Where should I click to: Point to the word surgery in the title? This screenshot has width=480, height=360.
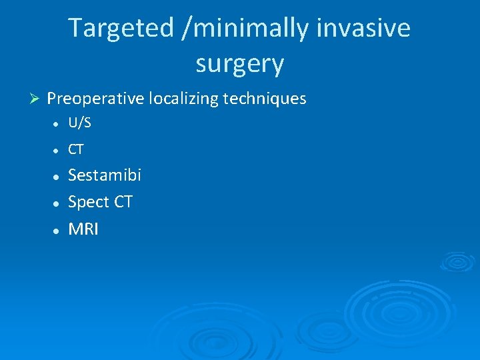click(240, 64)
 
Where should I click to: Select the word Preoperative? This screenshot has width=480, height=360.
click(96, 99)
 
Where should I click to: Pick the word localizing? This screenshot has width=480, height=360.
click(184, 99)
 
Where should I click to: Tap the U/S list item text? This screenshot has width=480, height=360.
click(79, 123)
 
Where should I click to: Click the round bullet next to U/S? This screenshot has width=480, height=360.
click(58, 124)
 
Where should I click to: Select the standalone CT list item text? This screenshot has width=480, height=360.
click(76, 150)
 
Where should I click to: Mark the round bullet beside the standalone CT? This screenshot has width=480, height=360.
click(58, 151)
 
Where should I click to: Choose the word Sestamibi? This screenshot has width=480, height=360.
click(105, 175)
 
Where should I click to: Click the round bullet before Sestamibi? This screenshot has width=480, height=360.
click(58, 177)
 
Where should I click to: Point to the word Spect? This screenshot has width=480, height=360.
click(89, 202)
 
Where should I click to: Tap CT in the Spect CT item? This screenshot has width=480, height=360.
click(123, 202)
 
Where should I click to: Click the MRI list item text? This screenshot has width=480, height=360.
click(83, 229)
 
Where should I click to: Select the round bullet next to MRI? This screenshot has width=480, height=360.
click(58, 230)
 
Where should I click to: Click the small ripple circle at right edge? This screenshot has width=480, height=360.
click(459, 261)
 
